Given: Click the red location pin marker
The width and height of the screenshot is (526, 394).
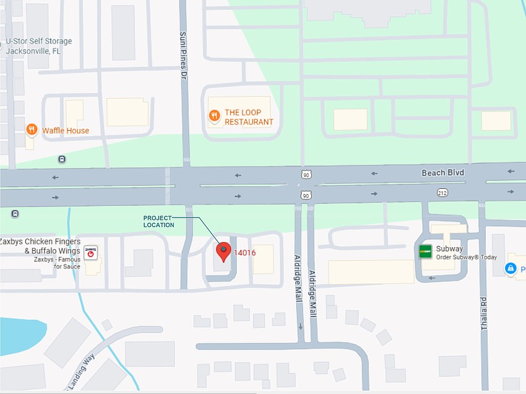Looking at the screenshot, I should pyautogui.click(x=223, y=251).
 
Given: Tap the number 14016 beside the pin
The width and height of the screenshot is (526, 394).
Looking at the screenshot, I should pyautogui.click(x=245, y=253).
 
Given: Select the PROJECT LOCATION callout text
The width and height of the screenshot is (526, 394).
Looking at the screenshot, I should pyautogui.click(x=159, y=221).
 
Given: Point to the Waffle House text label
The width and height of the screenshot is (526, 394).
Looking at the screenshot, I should pyautogui.click(x=66, y=131).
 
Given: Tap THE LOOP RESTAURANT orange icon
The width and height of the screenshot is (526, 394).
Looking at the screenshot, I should pyautogui.click(x=213, y=115).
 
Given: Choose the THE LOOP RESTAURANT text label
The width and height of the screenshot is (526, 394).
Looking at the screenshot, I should pyautogui.click(x=248, y=117).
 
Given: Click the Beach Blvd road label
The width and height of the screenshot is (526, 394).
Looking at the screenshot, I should pyautogui.click(x=442, y=172).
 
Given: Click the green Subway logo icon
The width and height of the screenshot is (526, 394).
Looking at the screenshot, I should pyautogui.click(x=425, y=251).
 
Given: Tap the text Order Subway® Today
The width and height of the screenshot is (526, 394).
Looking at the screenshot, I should pyautogui.click(x=466, y=258).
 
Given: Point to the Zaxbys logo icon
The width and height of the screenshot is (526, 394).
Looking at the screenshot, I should pyautogui.click(x=91, y=252).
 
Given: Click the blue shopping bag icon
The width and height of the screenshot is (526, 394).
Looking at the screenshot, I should pyautogui.click(x=510, y=269).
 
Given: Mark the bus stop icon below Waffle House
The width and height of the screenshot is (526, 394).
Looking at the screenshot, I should pyautogui.click(x=62, y=159).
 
